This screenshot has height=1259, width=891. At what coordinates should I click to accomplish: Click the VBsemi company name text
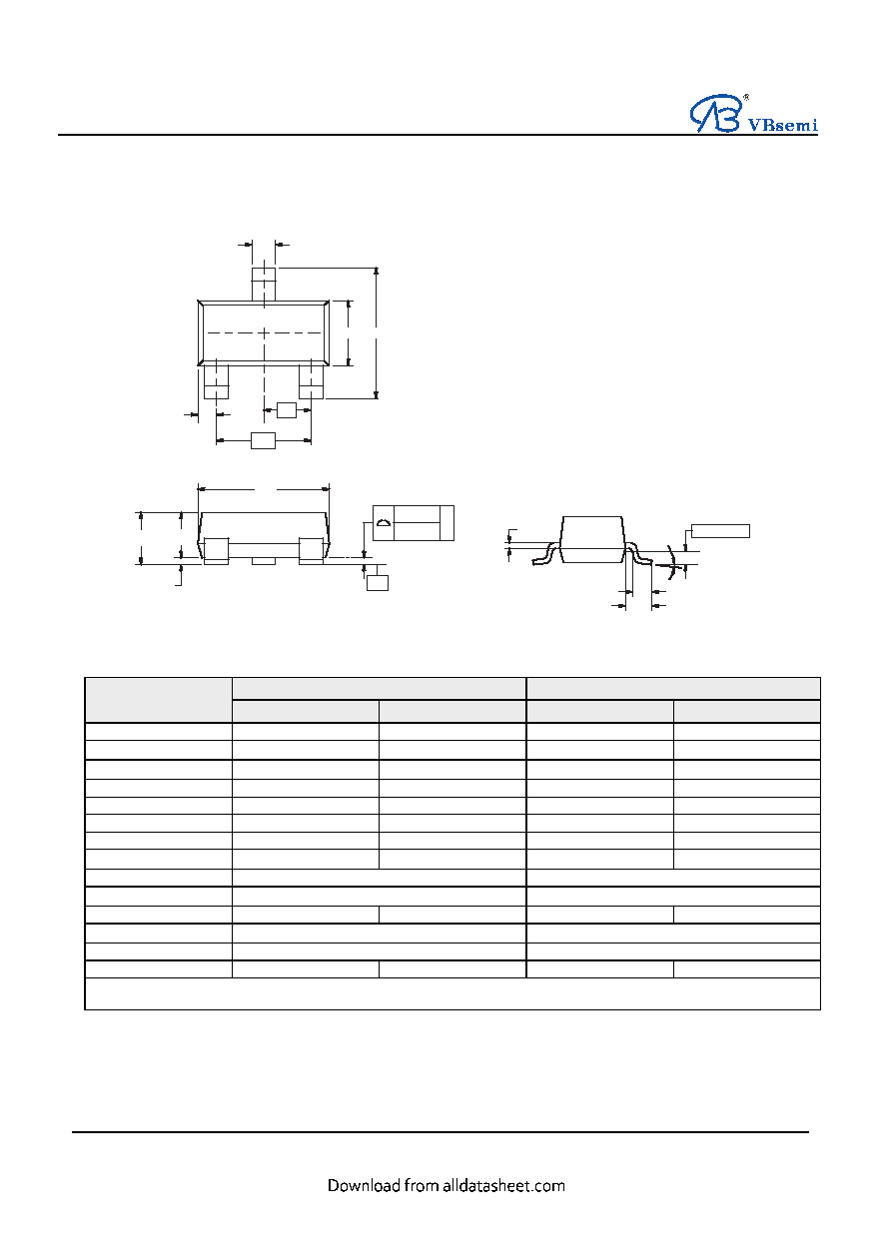pos(782,124)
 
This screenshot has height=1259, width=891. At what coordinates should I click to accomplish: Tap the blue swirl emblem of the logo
pos(715,114)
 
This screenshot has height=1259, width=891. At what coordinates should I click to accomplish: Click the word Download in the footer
pos(364,1186)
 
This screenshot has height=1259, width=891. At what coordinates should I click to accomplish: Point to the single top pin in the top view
pos(264,285)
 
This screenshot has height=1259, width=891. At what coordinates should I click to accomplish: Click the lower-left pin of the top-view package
pos(216,382)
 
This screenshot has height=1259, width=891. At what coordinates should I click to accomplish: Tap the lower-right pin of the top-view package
pos(311,382)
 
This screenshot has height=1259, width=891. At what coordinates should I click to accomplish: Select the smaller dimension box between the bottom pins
pos(287,410)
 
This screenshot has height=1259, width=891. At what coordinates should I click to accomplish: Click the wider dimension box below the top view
pos(263,440)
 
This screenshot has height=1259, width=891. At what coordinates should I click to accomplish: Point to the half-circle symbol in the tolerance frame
pos(384,523)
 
